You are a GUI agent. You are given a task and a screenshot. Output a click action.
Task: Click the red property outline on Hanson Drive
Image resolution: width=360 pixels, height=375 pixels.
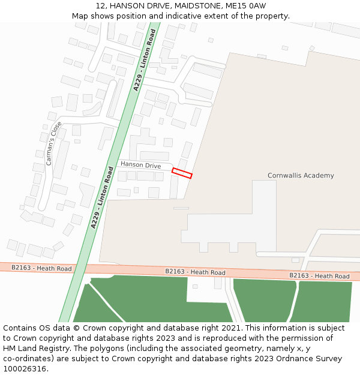182,173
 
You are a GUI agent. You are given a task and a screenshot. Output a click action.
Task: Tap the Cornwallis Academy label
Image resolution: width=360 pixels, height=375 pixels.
301,176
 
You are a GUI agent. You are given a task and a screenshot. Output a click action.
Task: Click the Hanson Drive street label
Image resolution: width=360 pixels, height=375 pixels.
140,164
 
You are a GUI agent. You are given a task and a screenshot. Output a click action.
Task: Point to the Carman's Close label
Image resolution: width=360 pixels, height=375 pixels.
53,143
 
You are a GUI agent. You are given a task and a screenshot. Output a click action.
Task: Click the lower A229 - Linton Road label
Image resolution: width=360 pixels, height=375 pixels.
102,197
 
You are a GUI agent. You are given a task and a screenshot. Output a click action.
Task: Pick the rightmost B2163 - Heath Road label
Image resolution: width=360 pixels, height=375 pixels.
319,276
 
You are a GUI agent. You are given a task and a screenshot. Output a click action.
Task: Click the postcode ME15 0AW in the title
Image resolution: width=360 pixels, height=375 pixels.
248,6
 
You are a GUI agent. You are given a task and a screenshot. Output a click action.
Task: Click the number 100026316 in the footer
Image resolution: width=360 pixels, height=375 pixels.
25,369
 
